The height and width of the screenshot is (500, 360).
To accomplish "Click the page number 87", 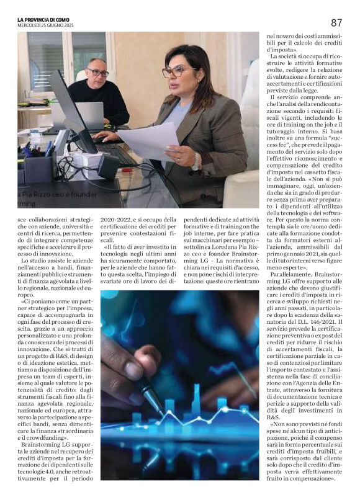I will pos(336,22).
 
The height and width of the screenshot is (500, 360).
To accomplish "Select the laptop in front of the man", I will pos(90,115).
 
